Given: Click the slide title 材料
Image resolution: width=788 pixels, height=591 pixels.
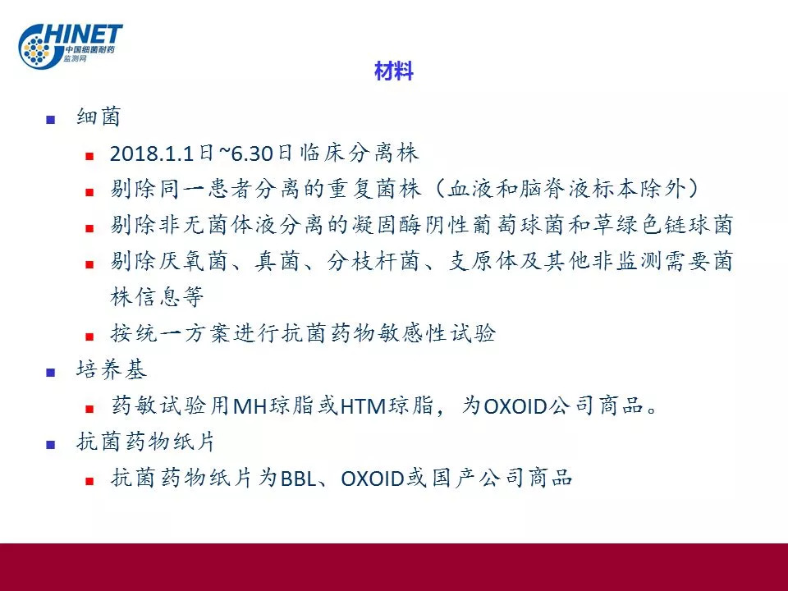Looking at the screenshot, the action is point(393,71).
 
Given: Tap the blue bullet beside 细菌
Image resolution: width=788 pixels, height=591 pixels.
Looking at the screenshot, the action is point(50,120).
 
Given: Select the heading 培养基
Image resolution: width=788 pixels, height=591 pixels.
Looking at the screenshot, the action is point(111,370).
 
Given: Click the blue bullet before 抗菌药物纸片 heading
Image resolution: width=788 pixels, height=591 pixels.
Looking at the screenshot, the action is point(50,445).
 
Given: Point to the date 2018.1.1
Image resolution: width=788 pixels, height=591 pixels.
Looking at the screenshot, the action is point(152,153).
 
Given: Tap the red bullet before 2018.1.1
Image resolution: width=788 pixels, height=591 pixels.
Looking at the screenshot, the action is point(89,156).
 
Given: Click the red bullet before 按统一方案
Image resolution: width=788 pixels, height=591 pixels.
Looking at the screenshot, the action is point(89,337).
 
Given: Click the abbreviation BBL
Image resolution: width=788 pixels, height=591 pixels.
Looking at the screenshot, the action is point(299,479).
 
